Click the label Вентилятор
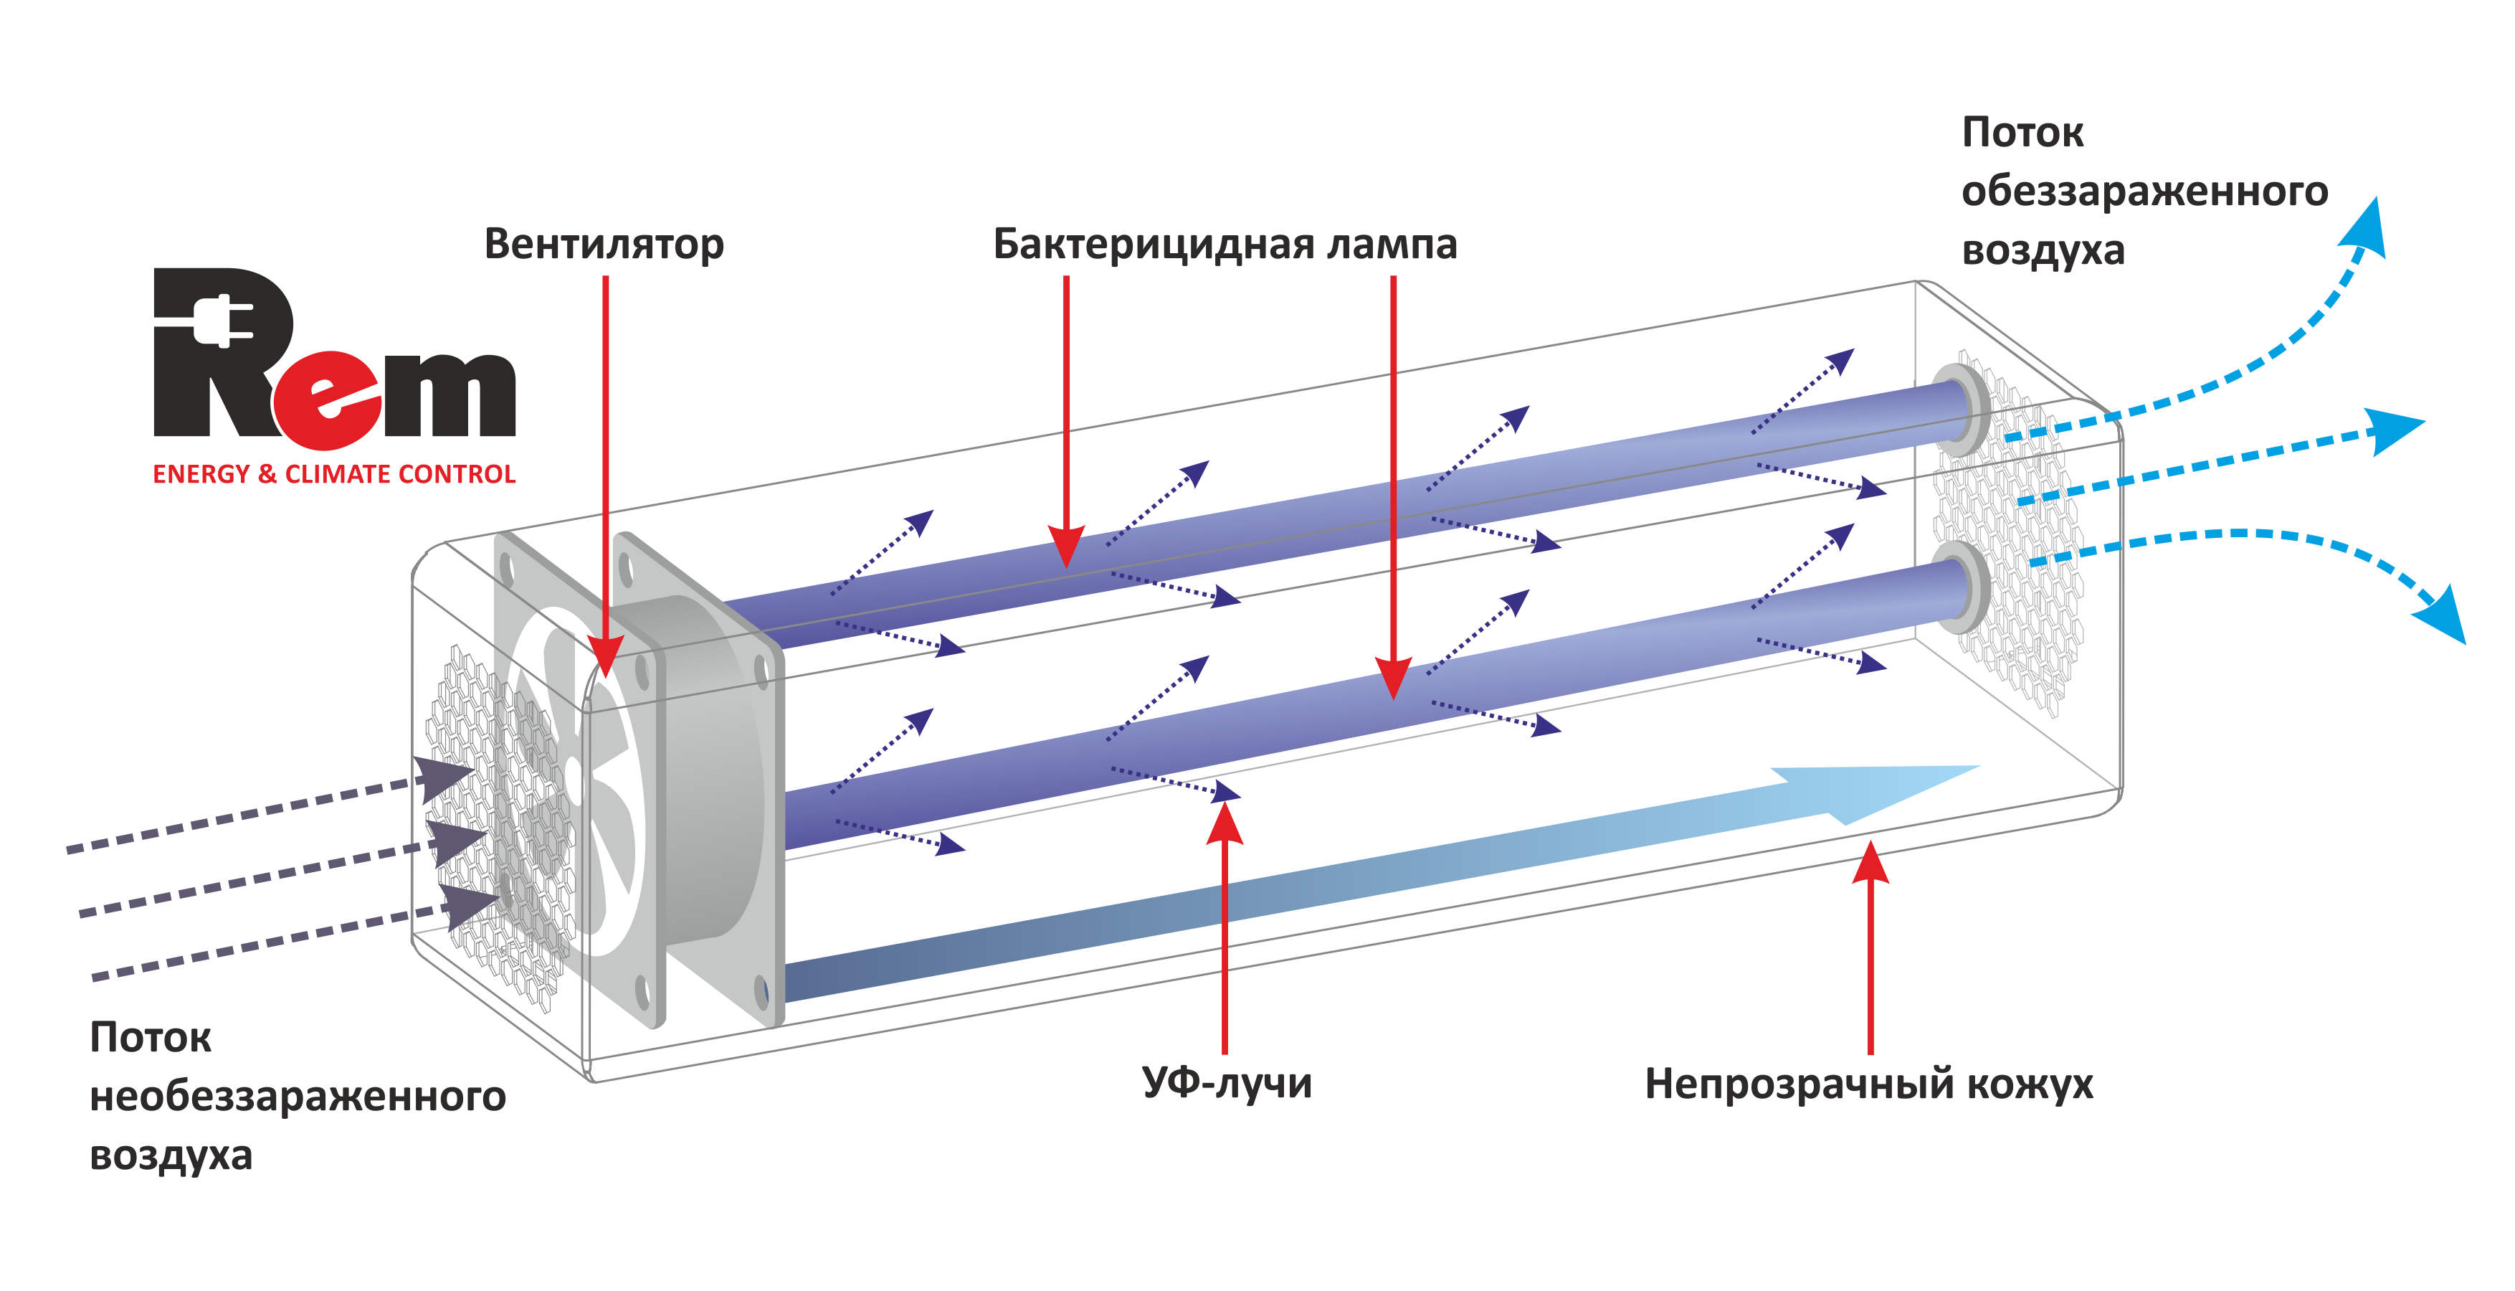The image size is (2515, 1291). coord(604,244)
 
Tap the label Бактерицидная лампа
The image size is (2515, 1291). coord(1225,244)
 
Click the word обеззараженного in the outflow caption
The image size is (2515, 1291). coord(2144,191)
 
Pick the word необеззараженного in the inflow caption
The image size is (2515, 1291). coord(298,1096)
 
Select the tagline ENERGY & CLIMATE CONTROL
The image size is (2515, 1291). coord(334,475)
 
